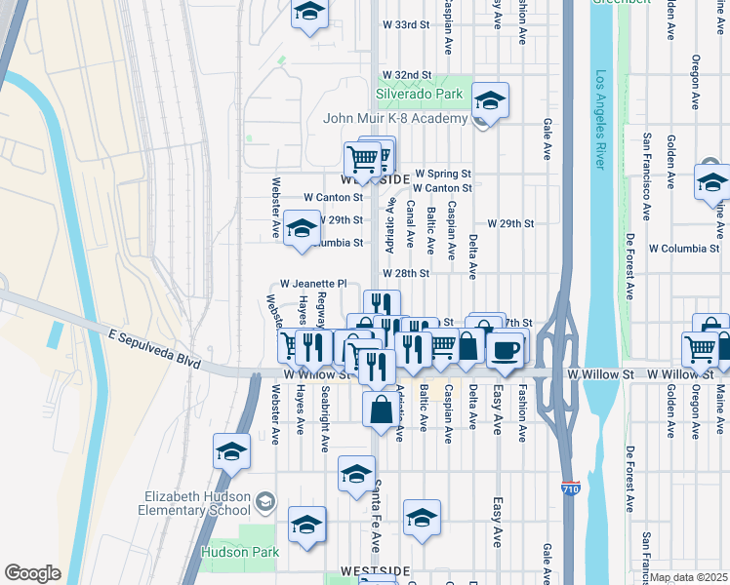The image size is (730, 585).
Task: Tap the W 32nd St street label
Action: pos(406,74)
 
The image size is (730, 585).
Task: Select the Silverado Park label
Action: pos(420,96)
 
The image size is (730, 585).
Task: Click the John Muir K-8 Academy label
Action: pos(396,119)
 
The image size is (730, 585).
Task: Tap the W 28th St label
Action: pos(406,274)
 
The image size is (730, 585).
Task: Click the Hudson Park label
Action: pos(239,552)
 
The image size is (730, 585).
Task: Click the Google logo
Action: pos(32,573)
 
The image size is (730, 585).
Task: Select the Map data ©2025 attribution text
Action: pos(689,577)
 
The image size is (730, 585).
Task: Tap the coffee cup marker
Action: pos(505,350)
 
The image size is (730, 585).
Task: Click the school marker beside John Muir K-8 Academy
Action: pos(490,101)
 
